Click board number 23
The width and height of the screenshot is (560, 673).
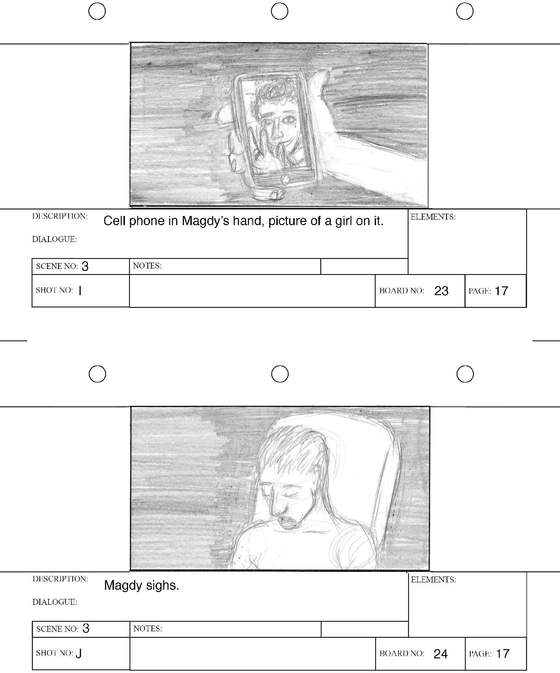click(441, 291)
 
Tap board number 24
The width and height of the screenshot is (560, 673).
click(441, 654)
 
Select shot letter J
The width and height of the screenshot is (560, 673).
click(79, 654)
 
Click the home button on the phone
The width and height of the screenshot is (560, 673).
click(285, 179)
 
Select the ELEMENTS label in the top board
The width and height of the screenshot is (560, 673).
click(433, 217)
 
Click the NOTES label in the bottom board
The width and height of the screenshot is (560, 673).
click(147, 629)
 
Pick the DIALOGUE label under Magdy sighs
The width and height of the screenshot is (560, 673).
click(55, 602)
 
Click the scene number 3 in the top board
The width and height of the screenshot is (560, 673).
click(85, 266)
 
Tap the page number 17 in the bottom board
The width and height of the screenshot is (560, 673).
click(502, 654)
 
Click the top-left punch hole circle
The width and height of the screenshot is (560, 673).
click(97, 11)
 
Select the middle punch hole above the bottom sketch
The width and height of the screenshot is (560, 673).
click(280, 374)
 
